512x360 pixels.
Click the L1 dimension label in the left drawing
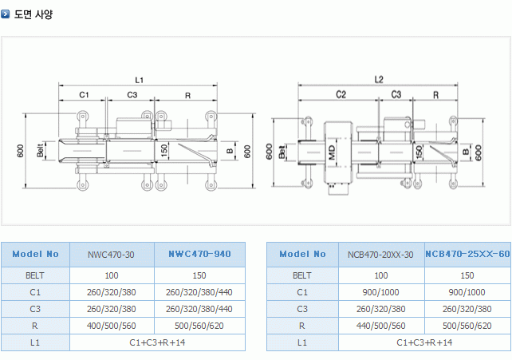(138, 80)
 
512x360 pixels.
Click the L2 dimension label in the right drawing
(379, 79)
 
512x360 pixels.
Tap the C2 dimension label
(341, 94)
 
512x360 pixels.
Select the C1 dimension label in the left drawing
(84, 95)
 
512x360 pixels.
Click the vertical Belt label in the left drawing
(39, 149)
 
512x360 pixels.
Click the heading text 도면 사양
(33, 14)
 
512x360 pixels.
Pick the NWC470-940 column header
(199, 254)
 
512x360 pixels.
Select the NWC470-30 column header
(111, 255)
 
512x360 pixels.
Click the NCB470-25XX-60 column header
(467, 254)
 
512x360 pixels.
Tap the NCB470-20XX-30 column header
(380, 255)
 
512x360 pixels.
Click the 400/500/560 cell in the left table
(111, 326)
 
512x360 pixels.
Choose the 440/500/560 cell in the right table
(380, 326)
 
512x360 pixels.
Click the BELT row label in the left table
(35, 275)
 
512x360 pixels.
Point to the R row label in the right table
(301, 326)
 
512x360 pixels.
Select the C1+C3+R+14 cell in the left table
(156, 342)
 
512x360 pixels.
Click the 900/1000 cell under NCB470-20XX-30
(380, 292)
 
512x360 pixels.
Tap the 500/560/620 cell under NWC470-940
(199, 326)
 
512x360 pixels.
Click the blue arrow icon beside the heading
(6, 14)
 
